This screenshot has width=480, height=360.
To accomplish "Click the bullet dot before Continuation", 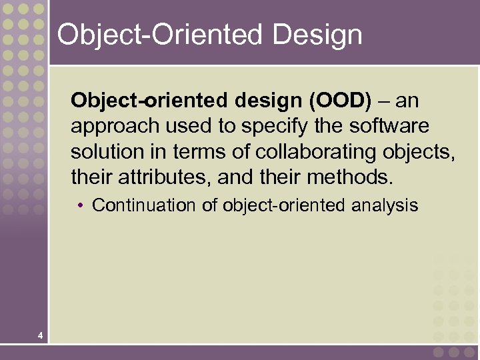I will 80,205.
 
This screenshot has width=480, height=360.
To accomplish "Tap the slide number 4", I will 41,335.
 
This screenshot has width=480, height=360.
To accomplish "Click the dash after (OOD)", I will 384,101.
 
